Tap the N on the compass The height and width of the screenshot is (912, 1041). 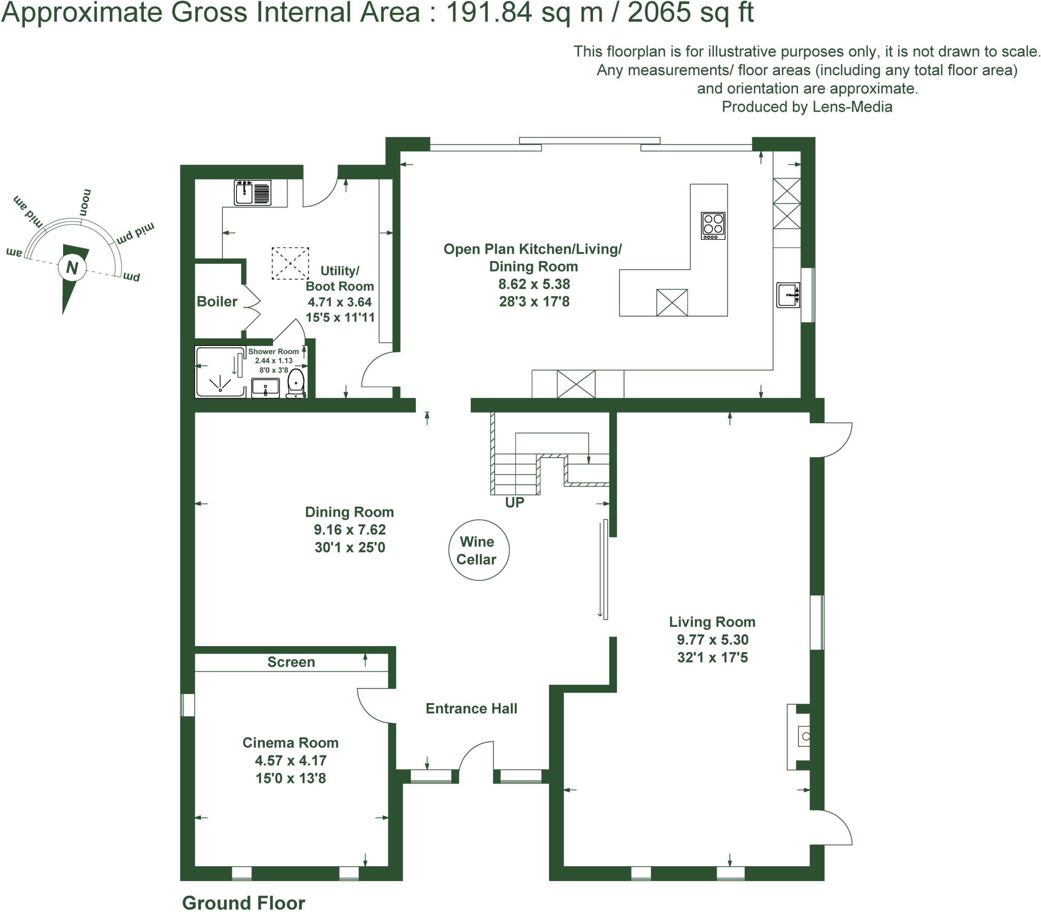click(x=72, y=267)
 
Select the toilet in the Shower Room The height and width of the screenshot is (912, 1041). click(x=295, y=383)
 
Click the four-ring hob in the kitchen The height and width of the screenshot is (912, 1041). click(x=713, y=226)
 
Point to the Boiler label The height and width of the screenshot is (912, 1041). click(x=217, y=302)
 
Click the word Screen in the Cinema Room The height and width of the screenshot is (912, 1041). click(x=291, y=662)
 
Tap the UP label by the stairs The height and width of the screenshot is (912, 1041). click(x=514, y=502)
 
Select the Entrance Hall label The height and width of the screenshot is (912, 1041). click(x=471, y=708)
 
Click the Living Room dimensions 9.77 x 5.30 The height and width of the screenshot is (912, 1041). click(x=712, y=640)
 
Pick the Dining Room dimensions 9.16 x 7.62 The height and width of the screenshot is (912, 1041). click(x=350, y=530)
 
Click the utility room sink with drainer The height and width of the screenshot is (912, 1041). click(x=253, y=193)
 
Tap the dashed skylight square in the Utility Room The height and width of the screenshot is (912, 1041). click(x=290, y=263)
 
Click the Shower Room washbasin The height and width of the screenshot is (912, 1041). click(x=265, y=388)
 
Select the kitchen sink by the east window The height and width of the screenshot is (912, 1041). click(x=788, y=295)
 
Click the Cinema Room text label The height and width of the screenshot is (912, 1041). click(x=290, y=742)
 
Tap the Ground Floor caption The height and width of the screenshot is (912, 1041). click(x=243, y=902)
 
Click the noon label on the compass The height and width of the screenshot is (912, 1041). click(x=85, y=202)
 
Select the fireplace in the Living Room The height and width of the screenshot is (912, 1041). click(x=798, y=736)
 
